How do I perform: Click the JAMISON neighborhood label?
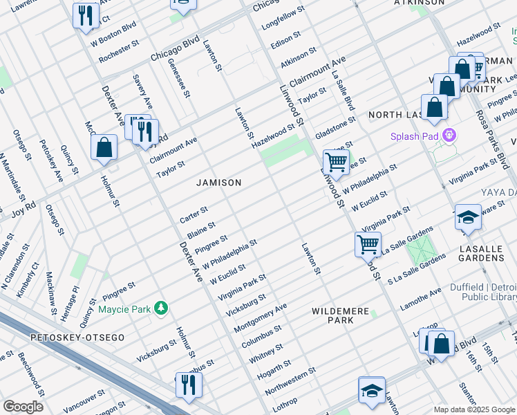pos(218,183)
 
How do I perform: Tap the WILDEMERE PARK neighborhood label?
pos(340,316)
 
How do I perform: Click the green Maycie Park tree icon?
pos(161,307)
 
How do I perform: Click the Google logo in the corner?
pos(23,407)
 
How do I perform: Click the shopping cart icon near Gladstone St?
pos(336,163)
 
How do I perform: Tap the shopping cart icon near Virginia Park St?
pos(368,243)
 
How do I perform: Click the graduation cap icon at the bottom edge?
pos(371,390)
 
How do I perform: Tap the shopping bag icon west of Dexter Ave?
pos(104,147)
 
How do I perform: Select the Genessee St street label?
pos(178,77)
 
